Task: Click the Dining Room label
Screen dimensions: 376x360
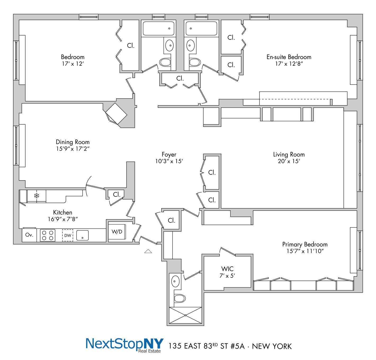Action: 73,142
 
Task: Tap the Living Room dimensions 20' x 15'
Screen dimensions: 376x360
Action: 289,161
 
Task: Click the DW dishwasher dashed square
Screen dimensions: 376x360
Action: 68,235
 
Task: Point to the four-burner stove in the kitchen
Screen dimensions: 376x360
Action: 48,235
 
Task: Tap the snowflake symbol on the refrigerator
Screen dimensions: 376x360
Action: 37,196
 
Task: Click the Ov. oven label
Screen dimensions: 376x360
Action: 29,235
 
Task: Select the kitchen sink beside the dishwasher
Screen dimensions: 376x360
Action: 82,235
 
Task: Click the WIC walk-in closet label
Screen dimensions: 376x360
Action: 227,269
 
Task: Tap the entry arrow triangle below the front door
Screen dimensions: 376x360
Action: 148,251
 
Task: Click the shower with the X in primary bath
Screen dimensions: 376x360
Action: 185,315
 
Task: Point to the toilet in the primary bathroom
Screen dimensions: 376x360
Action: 180,298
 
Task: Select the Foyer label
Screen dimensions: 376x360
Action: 169,155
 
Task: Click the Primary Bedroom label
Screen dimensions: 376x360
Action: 305,244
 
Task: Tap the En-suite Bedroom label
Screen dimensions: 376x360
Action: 289,57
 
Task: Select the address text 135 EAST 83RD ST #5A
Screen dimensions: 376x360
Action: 207,346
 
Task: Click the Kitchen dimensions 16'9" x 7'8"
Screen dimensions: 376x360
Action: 63,219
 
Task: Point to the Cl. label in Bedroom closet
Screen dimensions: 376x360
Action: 131,46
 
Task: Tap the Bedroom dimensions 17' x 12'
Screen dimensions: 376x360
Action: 73,64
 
